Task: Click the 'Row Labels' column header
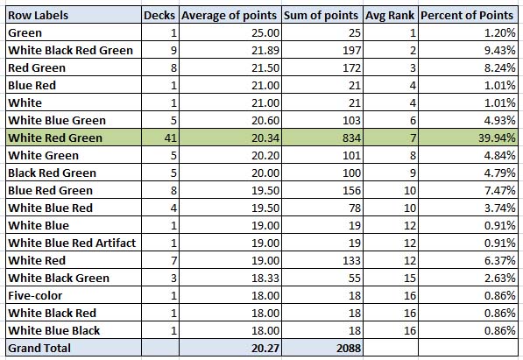click(38, 16)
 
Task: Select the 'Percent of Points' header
click(467, 16)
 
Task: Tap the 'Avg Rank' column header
click(390, 16)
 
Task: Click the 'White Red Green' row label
click(55, 138)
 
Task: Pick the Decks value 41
click(171, 138)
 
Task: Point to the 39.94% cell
click(497, 138)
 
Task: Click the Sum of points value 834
click(351, 138)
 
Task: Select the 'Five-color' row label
click(35, 295)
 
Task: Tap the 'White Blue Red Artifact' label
click(72, 243)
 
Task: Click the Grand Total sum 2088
click(349, 349)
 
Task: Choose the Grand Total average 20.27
click(265, 349)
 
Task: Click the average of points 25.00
click(265, 33)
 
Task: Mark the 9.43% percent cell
click(500, 51)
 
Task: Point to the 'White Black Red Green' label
click(70, 51)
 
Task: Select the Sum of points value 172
click(352, 68)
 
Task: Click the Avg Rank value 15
click(410, 278)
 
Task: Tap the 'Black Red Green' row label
click(52, 173)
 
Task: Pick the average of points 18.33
click(265, 278)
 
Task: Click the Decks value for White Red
click(173, 260)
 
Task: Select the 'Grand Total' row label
click(39, 348)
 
